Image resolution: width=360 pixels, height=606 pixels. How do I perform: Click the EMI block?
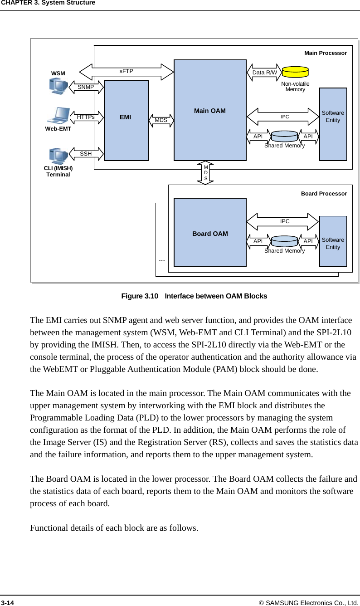coord(126,121)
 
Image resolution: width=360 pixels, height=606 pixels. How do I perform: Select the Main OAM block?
coord(210,110)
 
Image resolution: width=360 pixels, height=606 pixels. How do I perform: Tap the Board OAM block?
coord(210,233)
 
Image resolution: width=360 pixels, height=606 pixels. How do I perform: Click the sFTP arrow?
coord(127,72)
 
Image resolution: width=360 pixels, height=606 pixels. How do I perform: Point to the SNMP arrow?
coord(86,87)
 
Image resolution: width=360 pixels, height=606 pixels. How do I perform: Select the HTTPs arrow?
coord(86,117)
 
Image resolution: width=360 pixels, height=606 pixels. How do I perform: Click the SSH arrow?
coord(86,154)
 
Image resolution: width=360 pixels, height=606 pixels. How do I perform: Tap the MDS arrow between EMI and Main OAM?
coord(161,120)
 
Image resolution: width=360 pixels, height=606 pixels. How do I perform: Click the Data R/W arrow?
coord(264,73)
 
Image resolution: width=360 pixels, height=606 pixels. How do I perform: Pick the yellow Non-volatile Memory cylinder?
coord(295,72)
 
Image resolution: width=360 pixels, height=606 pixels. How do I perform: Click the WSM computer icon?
coord(58,86)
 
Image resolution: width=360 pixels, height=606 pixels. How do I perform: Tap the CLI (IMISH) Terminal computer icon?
coord(58,156)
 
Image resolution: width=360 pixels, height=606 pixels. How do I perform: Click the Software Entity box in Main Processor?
coord(333,124)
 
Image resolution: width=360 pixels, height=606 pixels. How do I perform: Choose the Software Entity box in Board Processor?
coord(333,241)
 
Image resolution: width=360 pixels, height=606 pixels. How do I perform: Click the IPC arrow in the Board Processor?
coord(283,221)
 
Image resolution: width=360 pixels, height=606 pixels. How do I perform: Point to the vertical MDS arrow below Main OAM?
coord(206,172)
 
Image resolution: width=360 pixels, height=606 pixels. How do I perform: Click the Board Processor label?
coord(324,194)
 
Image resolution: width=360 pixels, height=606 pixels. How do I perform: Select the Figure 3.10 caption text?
coord(194,296)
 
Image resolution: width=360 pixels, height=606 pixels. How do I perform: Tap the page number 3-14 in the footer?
coord(8,602)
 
